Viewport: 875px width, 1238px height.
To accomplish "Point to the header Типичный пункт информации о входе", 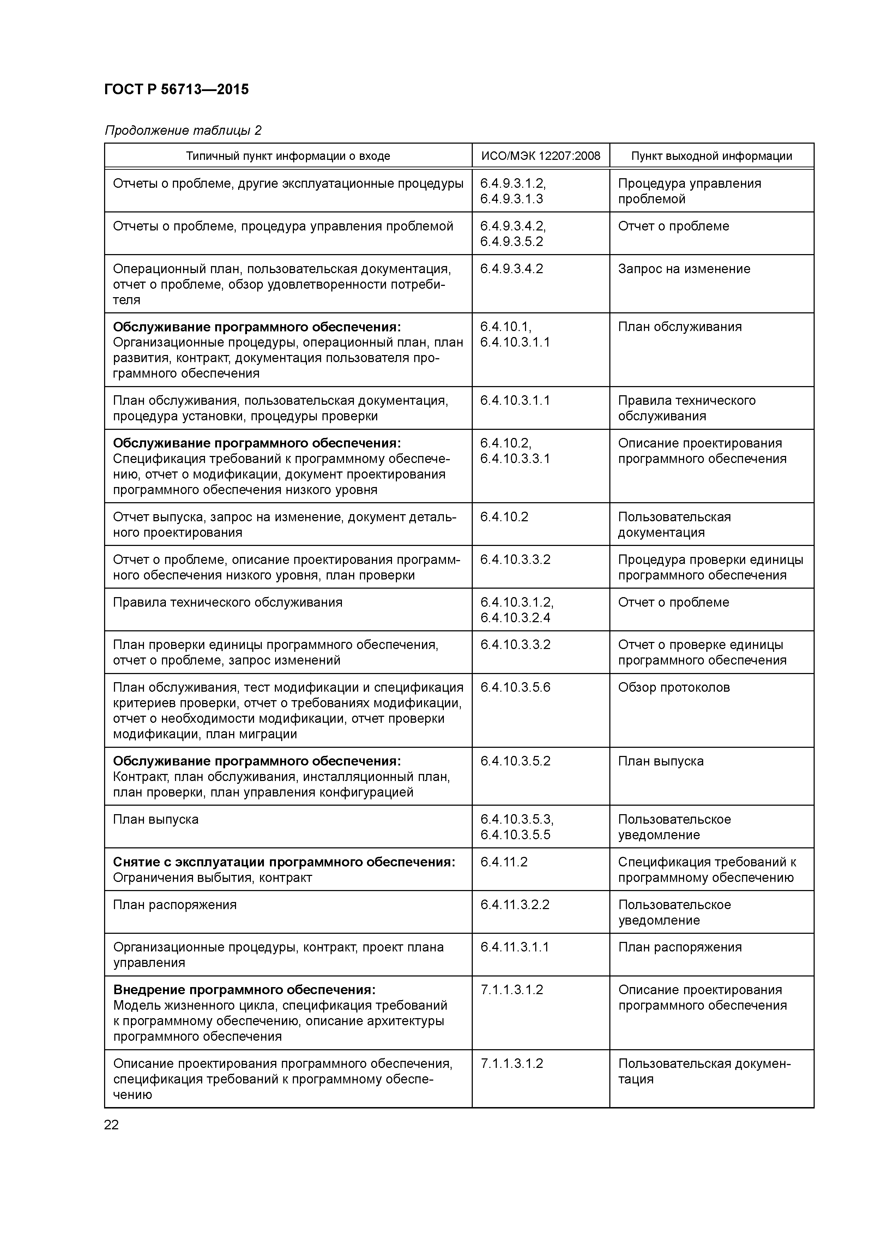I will pyautogui.click(x=288, y=156).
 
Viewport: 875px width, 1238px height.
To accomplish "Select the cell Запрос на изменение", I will pyautogui.click(x=684, y=269).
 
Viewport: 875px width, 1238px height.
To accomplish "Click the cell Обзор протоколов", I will pyautogui.click(x=674, y=687).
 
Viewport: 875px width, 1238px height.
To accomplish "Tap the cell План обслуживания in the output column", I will pyautogui.click(x=679, y=327).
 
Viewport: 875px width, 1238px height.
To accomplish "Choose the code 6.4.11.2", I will pyautogui.click(x=503, y=862).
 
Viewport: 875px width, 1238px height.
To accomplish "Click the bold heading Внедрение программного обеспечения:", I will pyautogui.click(x=244, y=990).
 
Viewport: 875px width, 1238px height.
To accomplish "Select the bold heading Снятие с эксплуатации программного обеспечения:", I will pyautogui.click(x=284, y=862).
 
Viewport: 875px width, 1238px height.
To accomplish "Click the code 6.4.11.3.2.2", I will pyautogui.click(x=514, y=905).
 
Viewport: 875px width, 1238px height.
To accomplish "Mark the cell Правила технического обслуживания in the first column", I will pyautogui.click(x=228, y=602).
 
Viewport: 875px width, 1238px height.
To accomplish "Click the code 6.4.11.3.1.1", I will pyautogui.click(x=514, y=947).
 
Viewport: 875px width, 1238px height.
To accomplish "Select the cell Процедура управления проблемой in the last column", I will pyautogui.click(x=689, y=191).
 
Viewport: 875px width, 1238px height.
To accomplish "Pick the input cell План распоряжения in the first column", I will pyautogui.click(x=175, y=905).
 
